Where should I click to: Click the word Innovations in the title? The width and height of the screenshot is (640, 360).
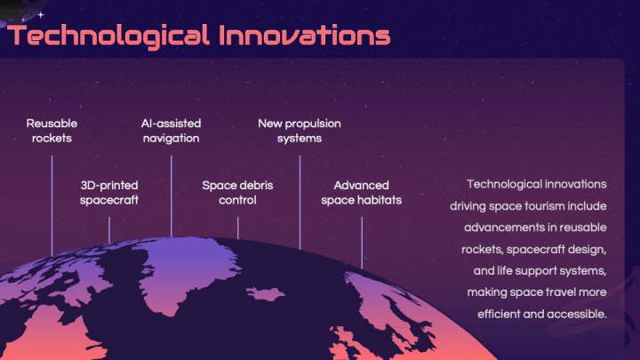(x=305, y=35)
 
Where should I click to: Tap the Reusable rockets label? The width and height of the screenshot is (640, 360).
(x=52, y=131)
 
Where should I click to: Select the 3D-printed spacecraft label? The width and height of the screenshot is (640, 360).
(x=109, y=193)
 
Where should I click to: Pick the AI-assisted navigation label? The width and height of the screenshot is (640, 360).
(x=171, y=131)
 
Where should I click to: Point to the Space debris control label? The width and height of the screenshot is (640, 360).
(x=237, y=193)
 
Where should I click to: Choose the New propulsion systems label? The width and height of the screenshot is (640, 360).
(x=300, y=131)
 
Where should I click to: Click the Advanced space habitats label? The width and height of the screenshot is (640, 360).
(x=361, y=193)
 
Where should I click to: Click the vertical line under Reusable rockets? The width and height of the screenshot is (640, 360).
(x=52, y=205)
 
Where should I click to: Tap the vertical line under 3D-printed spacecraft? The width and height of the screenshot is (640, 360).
(x=109, y=230)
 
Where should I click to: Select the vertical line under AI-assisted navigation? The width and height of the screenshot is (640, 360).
(x=171, y=196)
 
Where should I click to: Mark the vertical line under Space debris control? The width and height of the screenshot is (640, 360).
(x=238, y=228)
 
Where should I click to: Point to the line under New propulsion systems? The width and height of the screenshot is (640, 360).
(x=300, y=203)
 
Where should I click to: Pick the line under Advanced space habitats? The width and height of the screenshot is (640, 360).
(x=362, y=243)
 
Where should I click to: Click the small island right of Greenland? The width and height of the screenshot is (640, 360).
(x=265, y=293)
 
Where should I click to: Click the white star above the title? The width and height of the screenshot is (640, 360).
(x=41, y=15)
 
